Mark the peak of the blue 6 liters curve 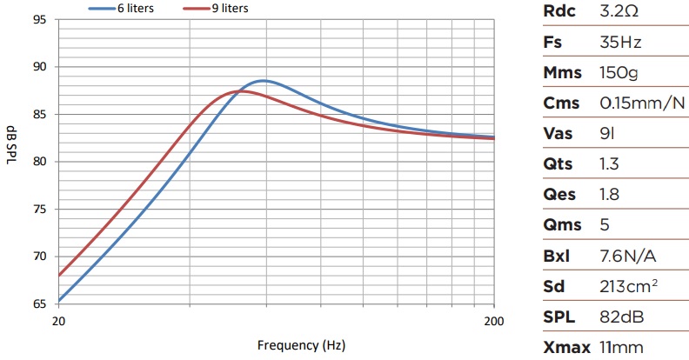[264, 80]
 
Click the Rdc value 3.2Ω [619, 13]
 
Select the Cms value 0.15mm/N [642, 103]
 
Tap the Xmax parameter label [566, 348]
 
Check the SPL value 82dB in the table [621, 317]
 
